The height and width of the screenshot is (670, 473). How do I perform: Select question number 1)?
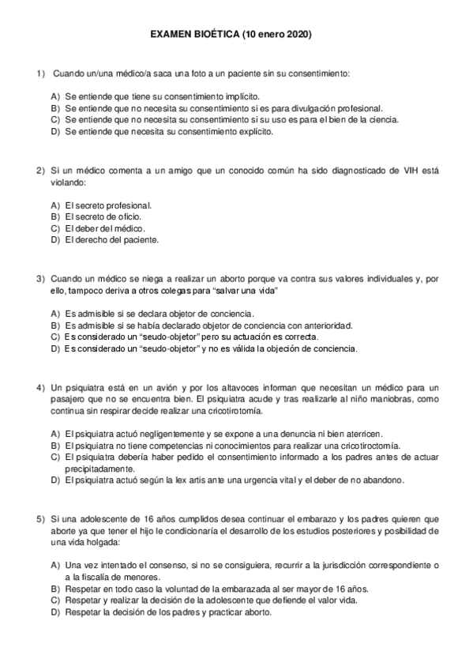(x=41, y=73)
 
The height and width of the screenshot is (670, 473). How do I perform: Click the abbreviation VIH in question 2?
(x=411, y=171)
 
